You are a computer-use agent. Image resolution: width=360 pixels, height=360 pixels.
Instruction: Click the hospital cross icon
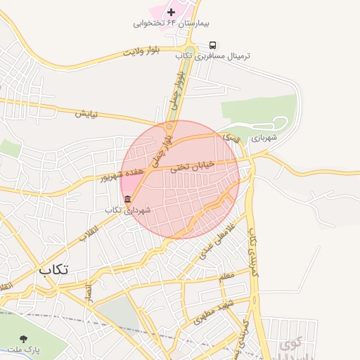pos(171,12)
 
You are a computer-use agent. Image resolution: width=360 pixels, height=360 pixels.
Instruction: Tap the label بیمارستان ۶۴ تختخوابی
pos(163,23)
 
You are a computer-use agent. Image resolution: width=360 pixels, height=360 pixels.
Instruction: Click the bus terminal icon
pos(213,45)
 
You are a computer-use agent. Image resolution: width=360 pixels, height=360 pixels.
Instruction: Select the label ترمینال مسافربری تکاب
pos(213,56)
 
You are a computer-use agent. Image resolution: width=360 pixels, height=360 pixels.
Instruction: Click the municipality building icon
pos(127,200)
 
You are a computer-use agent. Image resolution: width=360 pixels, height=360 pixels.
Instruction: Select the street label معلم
pos(226,276)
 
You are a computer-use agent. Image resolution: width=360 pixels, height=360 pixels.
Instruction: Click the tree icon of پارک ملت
pos(25,339)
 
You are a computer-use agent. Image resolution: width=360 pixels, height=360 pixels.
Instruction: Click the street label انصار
pos(89,290)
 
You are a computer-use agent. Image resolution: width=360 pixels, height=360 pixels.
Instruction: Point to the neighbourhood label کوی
pos(290,345)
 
